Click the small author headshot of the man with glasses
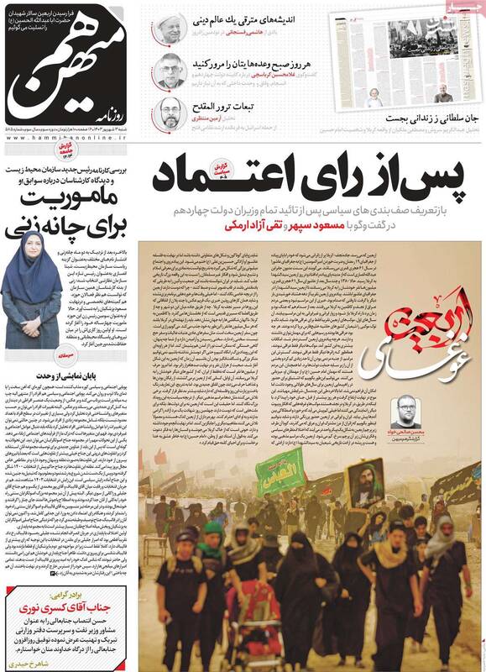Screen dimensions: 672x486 [x=407, y=412]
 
